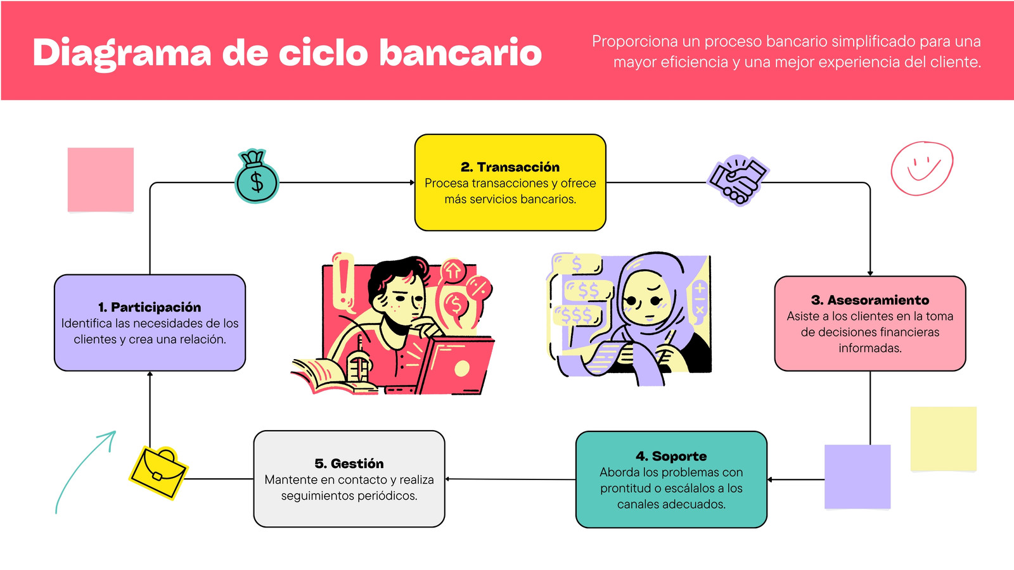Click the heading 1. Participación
point(150,307)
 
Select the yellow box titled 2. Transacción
point(510,182)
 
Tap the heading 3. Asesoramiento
point(870,300)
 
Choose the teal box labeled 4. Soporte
point(671,479)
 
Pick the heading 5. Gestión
point(349,463)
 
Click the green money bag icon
point(257,176)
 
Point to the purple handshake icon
point(738,180)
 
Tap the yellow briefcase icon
point(158,472)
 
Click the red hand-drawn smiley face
point(922,168)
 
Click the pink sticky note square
point(101,180)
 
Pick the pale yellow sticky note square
point(944,439)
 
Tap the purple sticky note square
point(857,477)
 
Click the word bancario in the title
point(460,53)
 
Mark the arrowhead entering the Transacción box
point(412,183)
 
